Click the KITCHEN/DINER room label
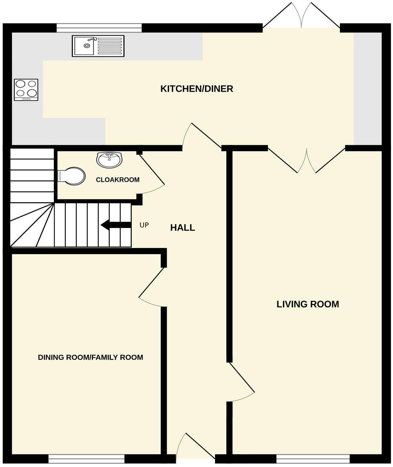(x=197, y=89)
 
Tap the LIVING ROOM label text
(x=308, y=304)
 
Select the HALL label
(x=183, y=228)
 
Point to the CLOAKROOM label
(x=118, y=180)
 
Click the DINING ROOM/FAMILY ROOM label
(x=90, y=357)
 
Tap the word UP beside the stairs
(x=144, y=225)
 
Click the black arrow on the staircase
(x=116, y=225)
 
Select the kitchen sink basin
(x=84, y=46)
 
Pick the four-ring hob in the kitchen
(x=26, y=90)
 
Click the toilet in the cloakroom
(x=71, y=176)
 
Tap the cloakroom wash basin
(x=110, y=160)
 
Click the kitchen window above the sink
(x=99, y=28)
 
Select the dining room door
(x=152, y=288)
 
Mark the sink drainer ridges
(x=110, y=46)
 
